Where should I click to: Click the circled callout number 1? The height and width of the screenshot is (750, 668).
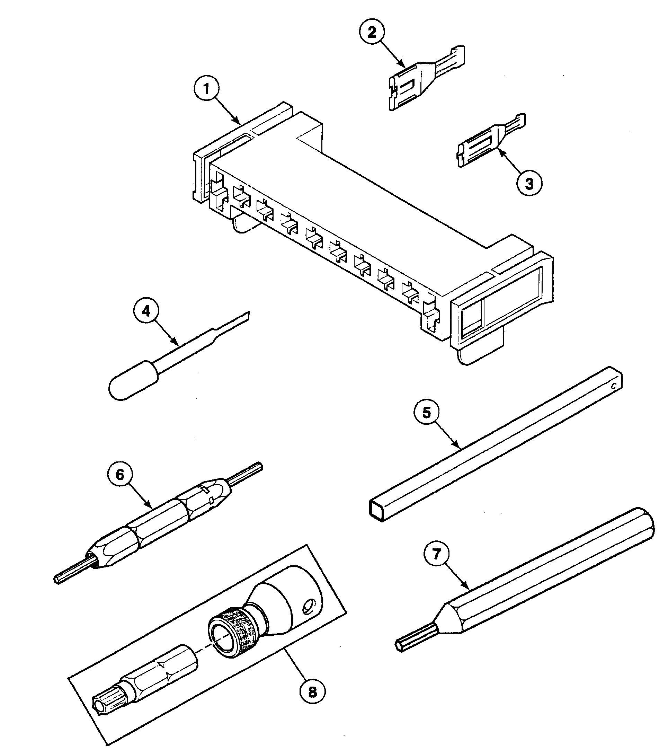click(207, 89)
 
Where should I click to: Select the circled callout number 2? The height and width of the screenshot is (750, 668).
click(372, 32)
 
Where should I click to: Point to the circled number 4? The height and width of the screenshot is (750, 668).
click(146, 311)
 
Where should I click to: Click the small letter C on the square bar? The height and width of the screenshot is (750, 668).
click(613, 387)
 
